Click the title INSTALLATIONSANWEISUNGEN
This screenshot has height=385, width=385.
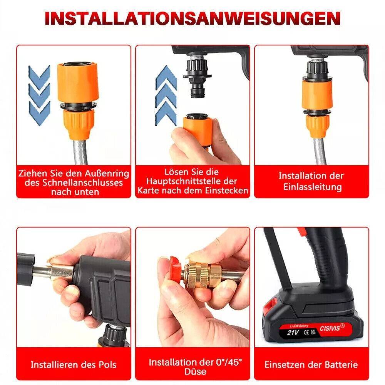pyautogui.click(x=192, y=18)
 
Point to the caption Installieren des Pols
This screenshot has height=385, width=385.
pyautogui.click(x=73, y=364)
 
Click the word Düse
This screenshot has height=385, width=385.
pyautogui.click(x=195, y=372)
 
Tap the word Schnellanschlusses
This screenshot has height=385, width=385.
pyautogui.click(x=74, y=182)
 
